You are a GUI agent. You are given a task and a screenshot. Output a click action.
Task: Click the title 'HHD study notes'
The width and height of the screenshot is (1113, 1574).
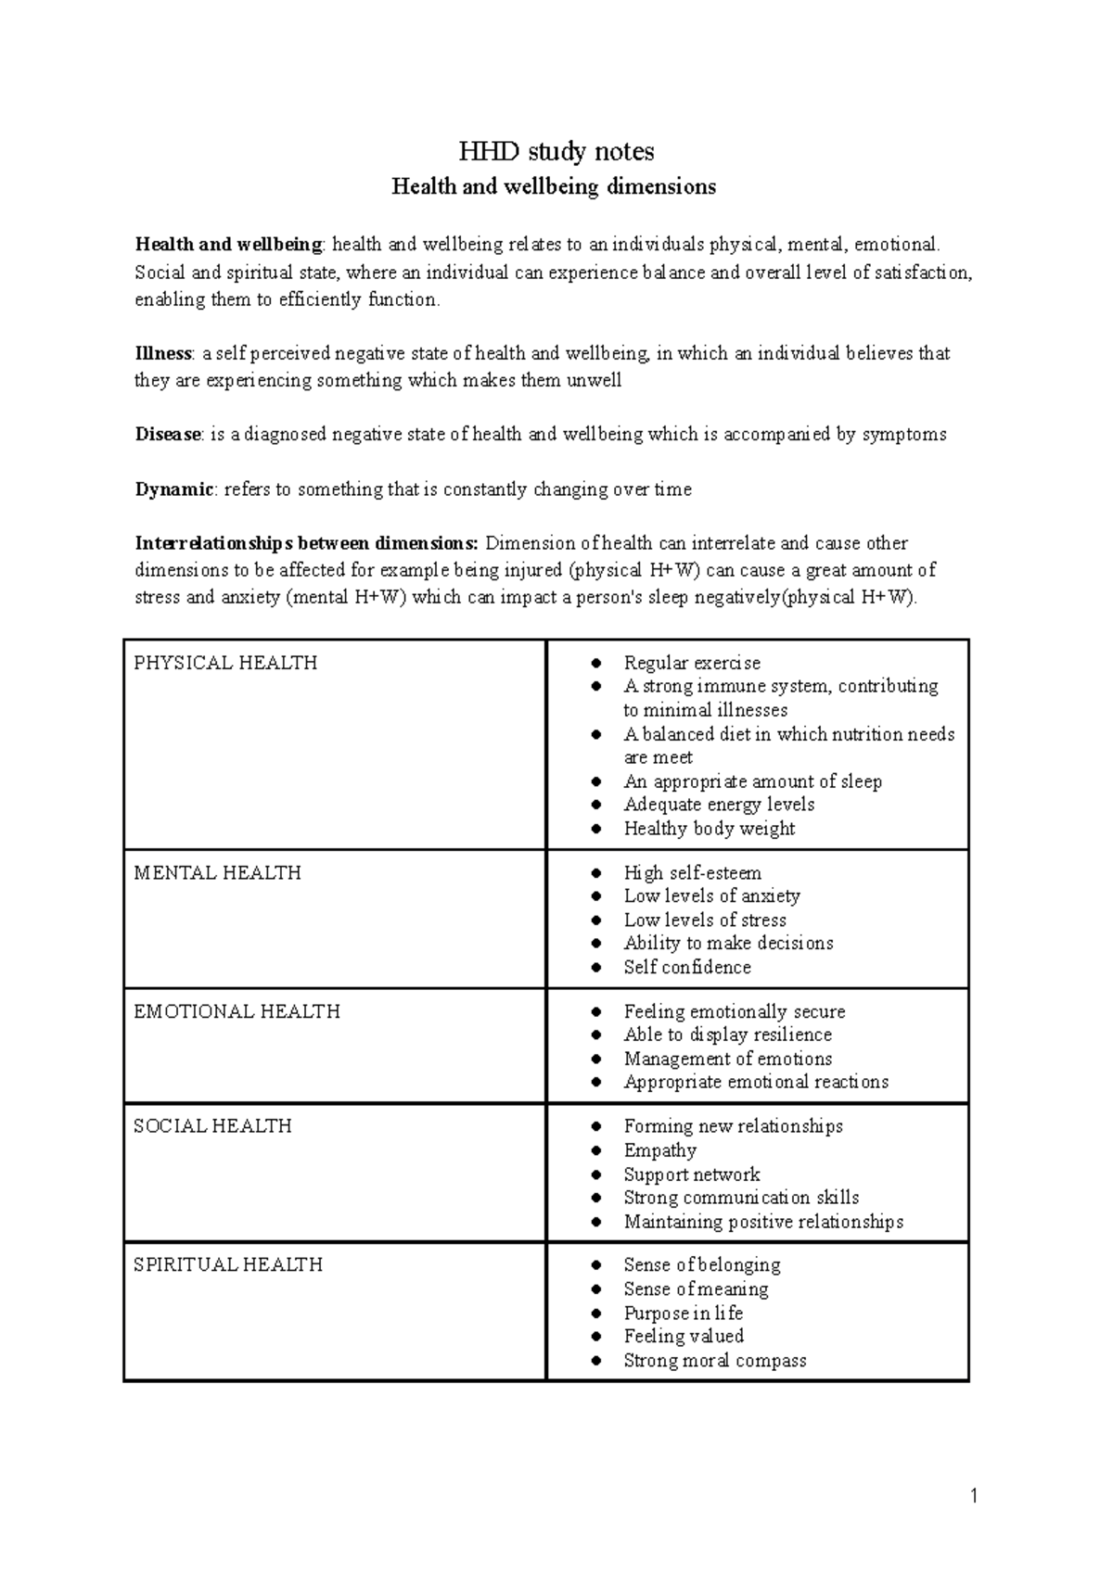click(556, 151)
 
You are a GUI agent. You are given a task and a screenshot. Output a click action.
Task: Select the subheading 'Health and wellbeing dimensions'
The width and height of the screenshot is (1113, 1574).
click(554, 187)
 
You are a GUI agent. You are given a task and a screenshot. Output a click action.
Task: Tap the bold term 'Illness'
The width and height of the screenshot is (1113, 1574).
click(163, 353)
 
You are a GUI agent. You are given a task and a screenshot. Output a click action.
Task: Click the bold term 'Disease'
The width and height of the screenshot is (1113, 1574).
click(168, 434)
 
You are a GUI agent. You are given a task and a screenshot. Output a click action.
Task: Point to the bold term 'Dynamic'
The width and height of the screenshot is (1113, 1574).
click(174, 489)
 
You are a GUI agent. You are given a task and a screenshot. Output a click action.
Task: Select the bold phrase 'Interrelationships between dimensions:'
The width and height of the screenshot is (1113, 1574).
click(307, 543)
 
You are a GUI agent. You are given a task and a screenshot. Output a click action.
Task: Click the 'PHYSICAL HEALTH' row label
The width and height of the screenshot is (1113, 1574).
click(225, 663)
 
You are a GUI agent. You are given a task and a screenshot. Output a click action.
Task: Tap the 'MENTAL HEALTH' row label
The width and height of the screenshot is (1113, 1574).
click(217, 873)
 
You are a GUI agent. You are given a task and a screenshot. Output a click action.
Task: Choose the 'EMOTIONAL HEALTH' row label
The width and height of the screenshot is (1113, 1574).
click(237, 1011)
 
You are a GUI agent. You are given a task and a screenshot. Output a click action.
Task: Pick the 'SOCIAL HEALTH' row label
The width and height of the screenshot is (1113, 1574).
click(212, 1126)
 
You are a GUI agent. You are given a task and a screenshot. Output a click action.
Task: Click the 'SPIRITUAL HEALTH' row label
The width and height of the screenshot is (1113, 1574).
click(228, 1265)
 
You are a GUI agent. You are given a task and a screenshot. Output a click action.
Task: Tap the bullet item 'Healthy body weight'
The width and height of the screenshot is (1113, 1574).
click(709, 829)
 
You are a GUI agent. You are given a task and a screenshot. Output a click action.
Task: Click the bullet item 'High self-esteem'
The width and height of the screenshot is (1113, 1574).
click(692, 873)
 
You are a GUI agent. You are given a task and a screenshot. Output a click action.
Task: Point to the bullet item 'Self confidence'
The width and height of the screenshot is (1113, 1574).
click(687, 967)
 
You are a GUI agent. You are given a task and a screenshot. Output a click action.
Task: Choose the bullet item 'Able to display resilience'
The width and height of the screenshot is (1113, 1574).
click(727, 1035)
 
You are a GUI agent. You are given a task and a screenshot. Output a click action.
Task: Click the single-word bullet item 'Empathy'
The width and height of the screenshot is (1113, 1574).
click(659, 1150)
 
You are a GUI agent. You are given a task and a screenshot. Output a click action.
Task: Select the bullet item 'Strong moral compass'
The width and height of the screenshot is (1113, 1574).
click(714, 1361)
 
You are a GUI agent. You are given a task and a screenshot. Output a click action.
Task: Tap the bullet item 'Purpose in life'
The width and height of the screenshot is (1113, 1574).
click(683, 1313)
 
